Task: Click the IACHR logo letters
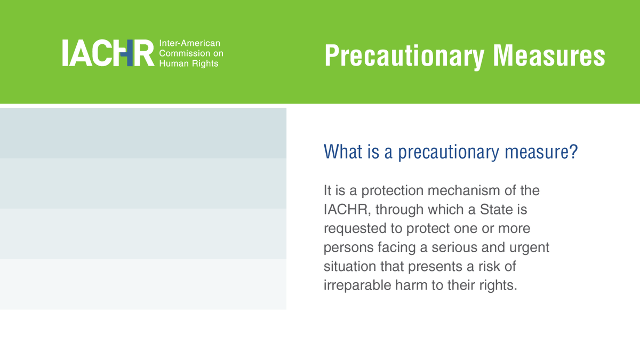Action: [x=108, y=53]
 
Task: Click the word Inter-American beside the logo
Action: [x=190, y=43]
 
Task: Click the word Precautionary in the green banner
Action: [x=404, y=56]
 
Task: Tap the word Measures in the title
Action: [x=549, y=55]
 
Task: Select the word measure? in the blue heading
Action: [x=541, y=151]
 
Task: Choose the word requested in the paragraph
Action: [x=355, y=229]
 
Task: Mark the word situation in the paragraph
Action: [x=350, y=266]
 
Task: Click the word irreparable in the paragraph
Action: [x=357, y=285]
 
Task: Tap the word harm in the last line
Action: [x=411, y=285]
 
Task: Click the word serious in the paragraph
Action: [x=454, y=247]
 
